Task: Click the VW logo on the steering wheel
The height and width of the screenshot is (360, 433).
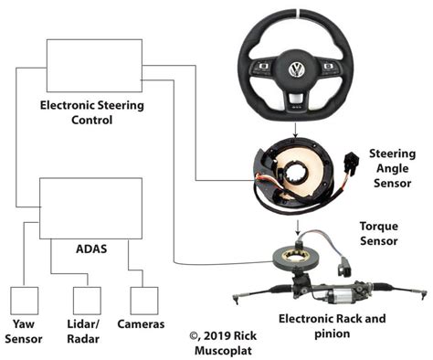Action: (297, 69)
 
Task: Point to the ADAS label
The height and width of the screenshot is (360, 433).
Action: (91, 249)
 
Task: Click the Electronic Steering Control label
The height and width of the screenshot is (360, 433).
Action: (92, 112)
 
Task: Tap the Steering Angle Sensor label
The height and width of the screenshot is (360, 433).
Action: (393, 168)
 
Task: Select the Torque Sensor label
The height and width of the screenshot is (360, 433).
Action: (379, 233)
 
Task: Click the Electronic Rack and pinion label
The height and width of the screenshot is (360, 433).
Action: (333, 326)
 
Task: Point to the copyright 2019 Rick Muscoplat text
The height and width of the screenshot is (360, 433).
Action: (223, 343)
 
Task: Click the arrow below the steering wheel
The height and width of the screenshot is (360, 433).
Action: (295, 130)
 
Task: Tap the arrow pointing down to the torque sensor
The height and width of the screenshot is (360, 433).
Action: (298, 228)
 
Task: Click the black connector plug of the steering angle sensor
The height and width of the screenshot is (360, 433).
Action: (351, 164)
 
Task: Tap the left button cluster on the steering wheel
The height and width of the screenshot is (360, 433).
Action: (262, 68)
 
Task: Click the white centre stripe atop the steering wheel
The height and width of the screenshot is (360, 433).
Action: (298, 13)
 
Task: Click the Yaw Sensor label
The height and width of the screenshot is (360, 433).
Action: (24, 332)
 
